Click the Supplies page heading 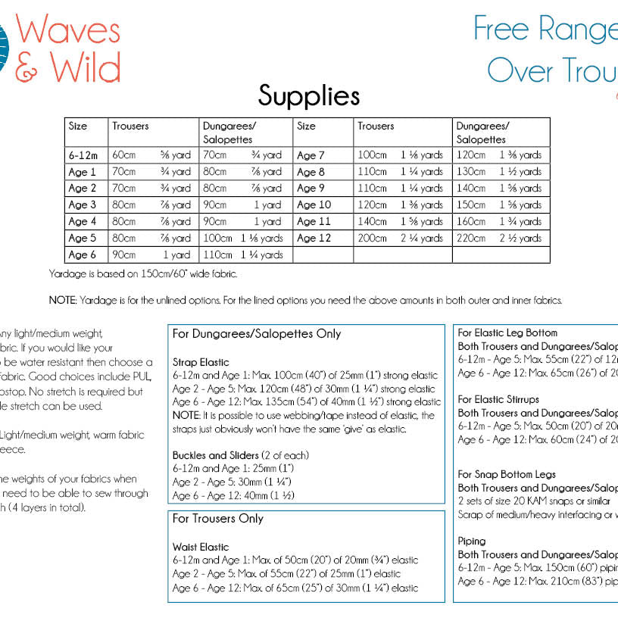coord(308,95)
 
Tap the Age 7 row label coord(311,155)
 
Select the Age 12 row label coord(314,239)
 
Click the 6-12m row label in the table coord(83,155)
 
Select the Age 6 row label coord(83,255)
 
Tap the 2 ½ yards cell coord(520,239)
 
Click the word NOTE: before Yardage coord(62,300)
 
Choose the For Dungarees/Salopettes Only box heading coord(257,333)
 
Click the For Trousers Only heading coord(218,519)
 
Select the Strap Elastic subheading coord(201,362)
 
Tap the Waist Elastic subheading coord(201,547)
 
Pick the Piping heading coord(472,542)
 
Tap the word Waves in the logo coord(68,30)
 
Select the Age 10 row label coord(314,205)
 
